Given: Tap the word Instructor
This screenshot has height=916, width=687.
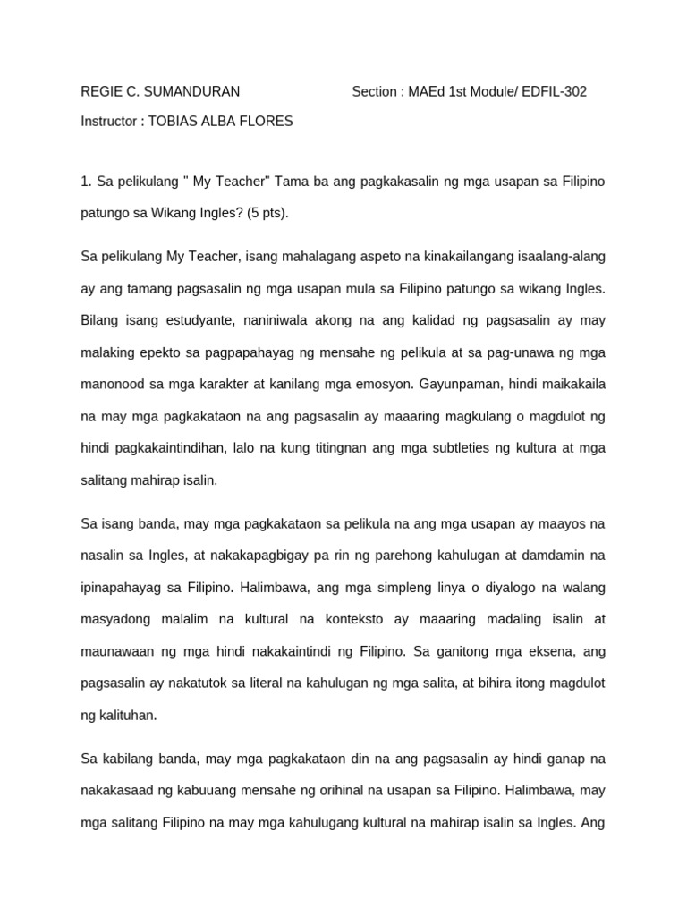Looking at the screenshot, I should [109, 121].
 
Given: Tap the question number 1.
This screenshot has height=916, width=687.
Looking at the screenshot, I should [85, 182].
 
